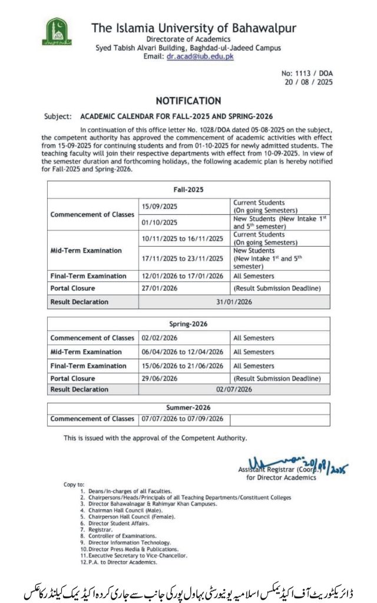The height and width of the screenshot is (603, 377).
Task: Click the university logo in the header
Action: click(57, 33)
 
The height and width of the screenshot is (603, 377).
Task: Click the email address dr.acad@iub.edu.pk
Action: click(200, 57)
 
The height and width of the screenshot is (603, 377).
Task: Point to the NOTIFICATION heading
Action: click(188, 101)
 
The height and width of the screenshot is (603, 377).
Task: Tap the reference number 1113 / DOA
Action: click(307, 74)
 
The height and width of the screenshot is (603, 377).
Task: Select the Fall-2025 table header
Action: click(188, 190)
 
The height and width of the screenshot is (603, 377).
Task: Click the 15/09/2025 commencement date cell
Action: click(160, 206)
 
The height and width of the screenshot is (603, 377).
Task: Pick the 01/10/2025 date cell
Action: click(160, 222)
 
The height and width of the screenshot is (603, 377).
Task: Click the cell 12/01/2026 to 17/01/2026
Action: click(183, 276)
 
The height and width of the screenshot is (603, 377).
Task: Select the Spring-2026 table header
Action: click(188, 324)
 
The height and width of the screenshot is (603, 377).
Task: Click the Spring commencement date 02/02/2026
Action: click(160, 338)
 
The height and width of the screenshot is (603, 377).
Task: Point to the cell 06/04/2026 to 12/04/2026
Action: click(183, 352)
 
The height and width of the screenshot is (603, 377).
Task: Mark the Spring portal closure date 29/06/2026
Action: click(160, 378)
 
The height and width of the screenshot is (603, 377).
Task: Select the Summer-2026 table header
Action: click(188, 407)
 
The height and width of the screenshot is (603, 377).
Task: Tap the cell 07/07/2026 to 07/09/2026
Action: click(183, 419)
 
